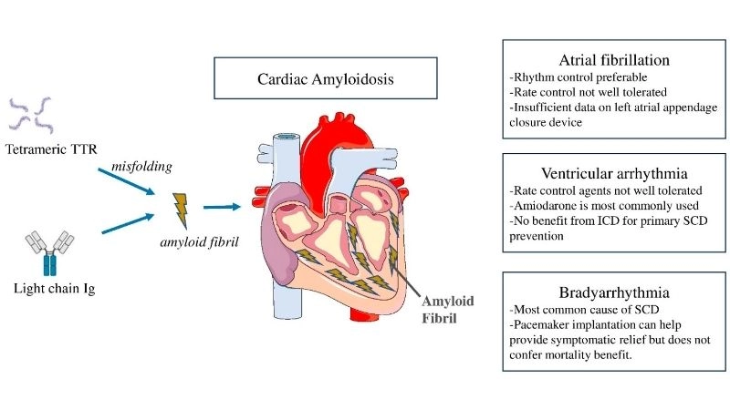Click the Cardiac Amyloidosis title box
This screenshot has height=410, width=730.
point(313,79)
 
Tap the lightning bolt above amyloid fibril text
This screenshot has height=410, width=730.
point(181,207)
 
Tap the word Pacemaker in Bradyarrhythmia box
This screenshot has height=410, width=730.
point(540,326)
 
